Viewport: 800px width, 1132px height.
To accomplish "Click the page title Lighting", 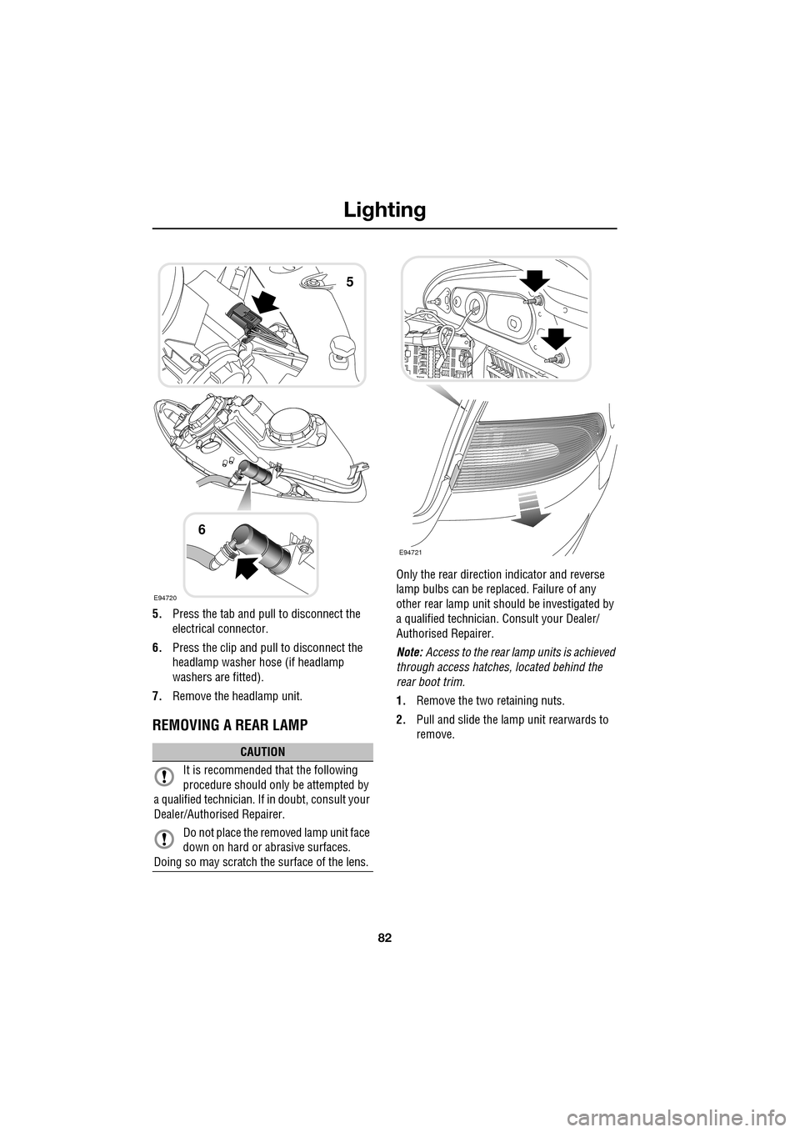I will point(386,209).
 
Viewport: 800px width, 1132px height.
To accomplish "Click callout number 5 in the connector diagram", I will point(350,282).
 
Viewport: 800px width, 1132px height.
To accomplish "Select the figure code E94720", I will point(164,597).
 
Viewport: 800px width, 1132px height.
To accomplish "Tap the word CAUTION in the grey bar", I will point(263,752).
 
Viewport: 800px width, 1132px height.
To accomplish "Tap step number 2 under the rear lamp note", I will point(401,720).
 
